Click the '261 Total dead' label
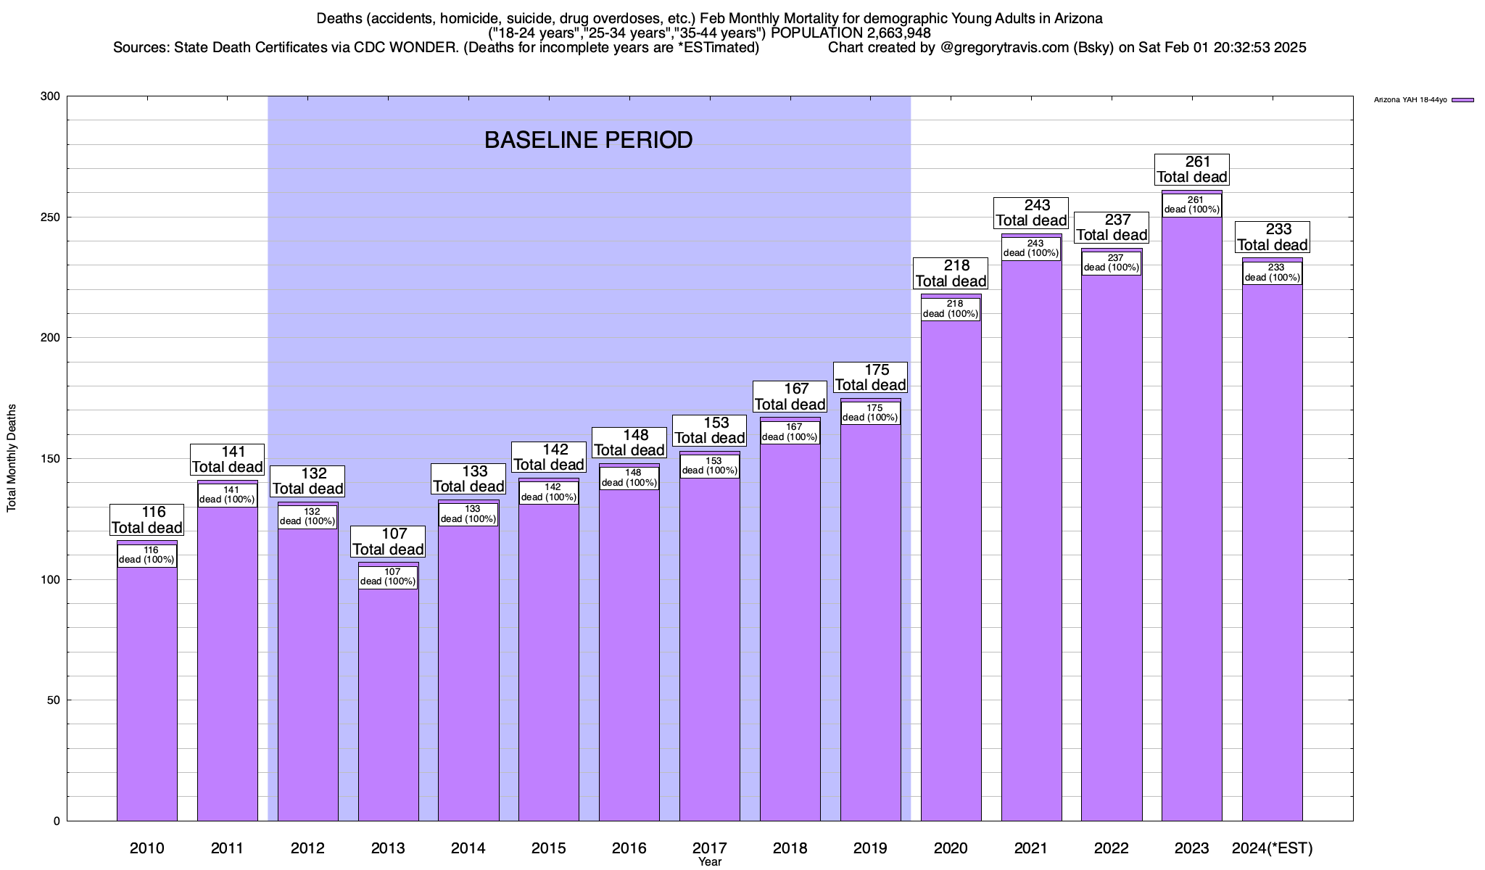pos(1191,170)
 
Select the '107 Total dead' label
pos(388,542)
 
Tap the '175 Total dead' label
pos(870,378)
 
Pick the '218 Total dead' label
pos(951,273)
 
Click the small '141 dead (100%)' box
pos(227,495)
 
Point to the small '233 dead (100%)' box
pos(1272,273)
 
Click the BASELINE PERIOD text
pos(588,140)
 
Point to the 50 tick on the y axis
pos(54,700)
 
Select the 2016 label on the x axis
pos(629,848)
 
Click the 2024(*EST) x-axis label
pos(1272,848)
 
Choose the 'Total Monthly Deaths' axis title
pos(12,458)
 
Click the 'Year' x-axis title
pos(710,862)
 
